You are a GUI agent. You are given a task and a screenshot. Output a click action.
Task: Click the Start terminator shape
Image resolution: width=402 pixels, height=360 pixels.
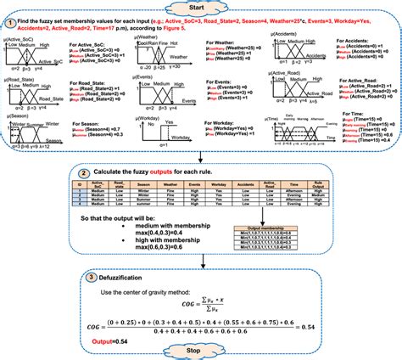pyautogui.click(x=200, y=8)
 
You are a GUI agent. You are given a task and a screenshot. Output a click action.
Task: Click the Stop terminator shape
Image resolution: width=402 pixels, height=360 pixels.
pyautogui.click(x=200, y=349)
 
